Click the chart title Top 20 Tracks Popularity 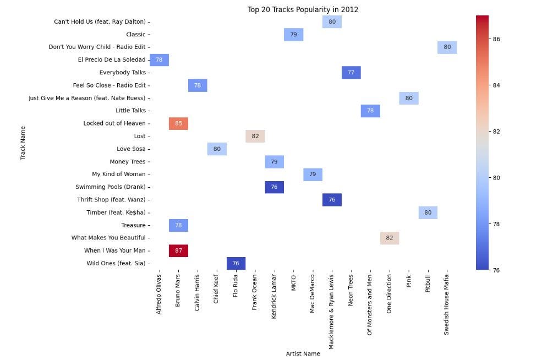click(303, 9)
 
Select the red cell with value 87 click(178, 250)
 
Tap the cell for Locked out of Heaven click(178, 123)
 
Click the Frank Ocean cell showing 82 click(255, 136)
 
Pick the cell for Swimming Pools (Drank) click(274, 187)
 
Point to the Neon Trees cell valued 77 click(351, 73)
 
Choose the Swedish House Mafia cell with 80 click(447, 47)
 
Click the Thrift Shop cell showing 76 click(332, 200)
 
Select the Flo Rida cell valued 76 click(236, 263)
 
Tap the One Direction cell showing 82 click(389, 238)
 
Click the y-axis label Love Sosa click(131, 149)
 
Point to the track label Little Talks click(130, 111)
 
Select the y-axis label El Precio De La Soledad click(112, 60)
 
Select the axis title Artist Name click(303, 353)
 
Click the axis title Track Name click(23, 143)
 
